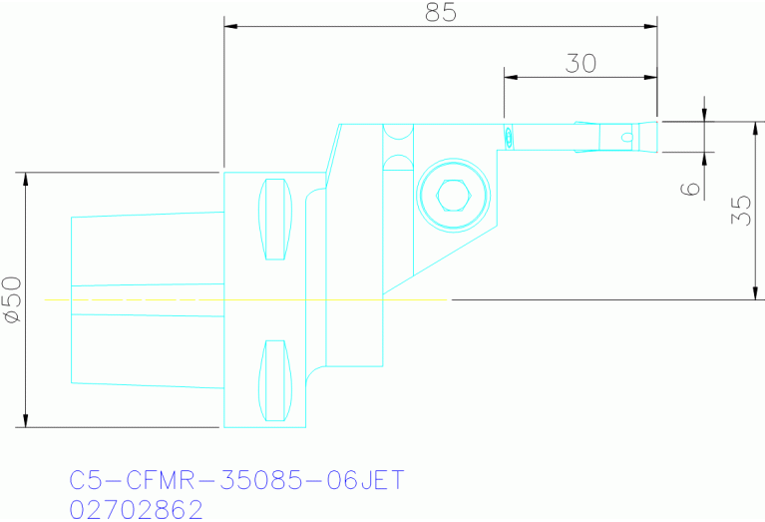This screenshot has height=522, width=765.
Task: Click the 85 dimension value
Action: point(440,13)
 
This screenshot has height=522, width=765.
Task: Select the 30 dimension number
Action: point(580,64)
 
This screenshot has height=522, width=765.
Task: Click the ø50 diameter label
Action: point(12,299)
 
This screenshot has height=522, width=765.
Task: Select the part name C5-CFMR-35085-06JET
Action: point(237,480)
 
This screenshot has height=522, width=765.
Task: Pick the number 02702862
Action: point(137,509)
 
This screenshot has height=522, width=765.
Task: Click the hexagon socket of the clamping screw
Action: point(454,196)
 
